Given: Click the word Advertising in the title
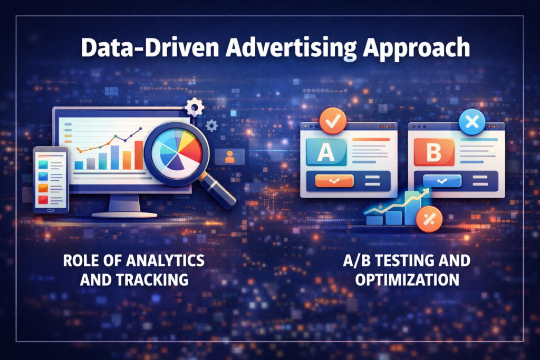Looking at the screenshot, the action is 291,48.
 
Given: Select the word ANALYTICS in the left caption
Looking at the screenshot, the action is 165,260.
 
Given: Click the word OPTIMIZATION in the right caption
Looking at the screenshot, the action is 407,279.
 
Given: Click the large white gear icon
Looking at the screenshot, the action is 195,107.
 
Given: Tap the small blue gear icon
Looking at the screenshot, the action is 211,125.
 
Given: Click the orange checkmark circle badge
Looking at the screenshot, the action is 333,121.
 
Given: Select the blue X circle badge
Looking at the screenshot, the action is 472,122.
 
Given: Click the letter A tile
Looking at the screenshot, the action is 326,152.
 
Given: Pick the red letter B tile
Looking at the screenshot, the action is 434,152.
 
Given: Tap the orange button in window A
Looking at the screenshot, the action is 334,181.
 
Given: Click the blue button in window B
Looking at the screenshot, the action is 442,181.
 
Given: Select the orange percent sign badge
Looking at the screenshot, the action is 429,219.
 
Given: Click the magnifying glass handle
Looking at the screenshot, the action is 218,190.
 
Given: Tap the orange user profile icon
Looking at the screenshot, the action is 230,157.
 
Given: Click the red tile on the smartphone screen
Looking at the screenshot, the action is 43,200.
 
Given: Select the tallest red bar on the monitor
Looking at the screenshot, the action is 139,155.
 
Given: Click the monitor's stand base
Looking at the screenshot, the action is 124,215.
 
